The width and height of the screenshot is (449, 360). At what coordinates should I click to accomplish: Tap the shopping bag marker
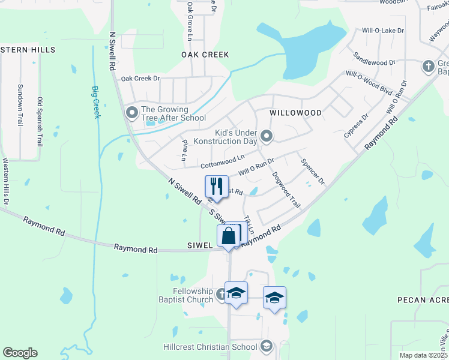(229, 235)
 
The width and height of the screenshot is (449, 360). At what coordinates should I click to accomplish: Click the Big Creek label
(95, 102)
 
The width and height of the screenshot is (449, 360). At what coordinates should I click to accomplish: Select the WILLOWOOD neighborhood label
(295, 113)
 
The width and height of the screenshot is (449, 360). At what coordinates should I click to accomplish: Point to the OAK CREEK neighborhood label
(205, 55)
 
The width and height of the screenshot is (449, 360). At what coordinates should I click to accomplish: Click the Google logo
(20, 353)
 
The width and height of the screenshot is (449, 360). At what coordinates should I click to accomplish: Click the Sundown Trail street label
(20, 105)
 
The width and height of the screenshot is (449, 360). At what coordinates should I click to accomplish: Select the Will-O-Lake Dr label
(382, 30)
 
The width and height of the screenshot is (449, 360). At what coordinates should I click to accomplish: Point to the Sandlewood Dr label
(375, 58)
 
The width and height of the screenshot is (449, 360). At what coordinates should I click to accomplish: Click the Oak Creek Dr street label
(140, 79)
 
